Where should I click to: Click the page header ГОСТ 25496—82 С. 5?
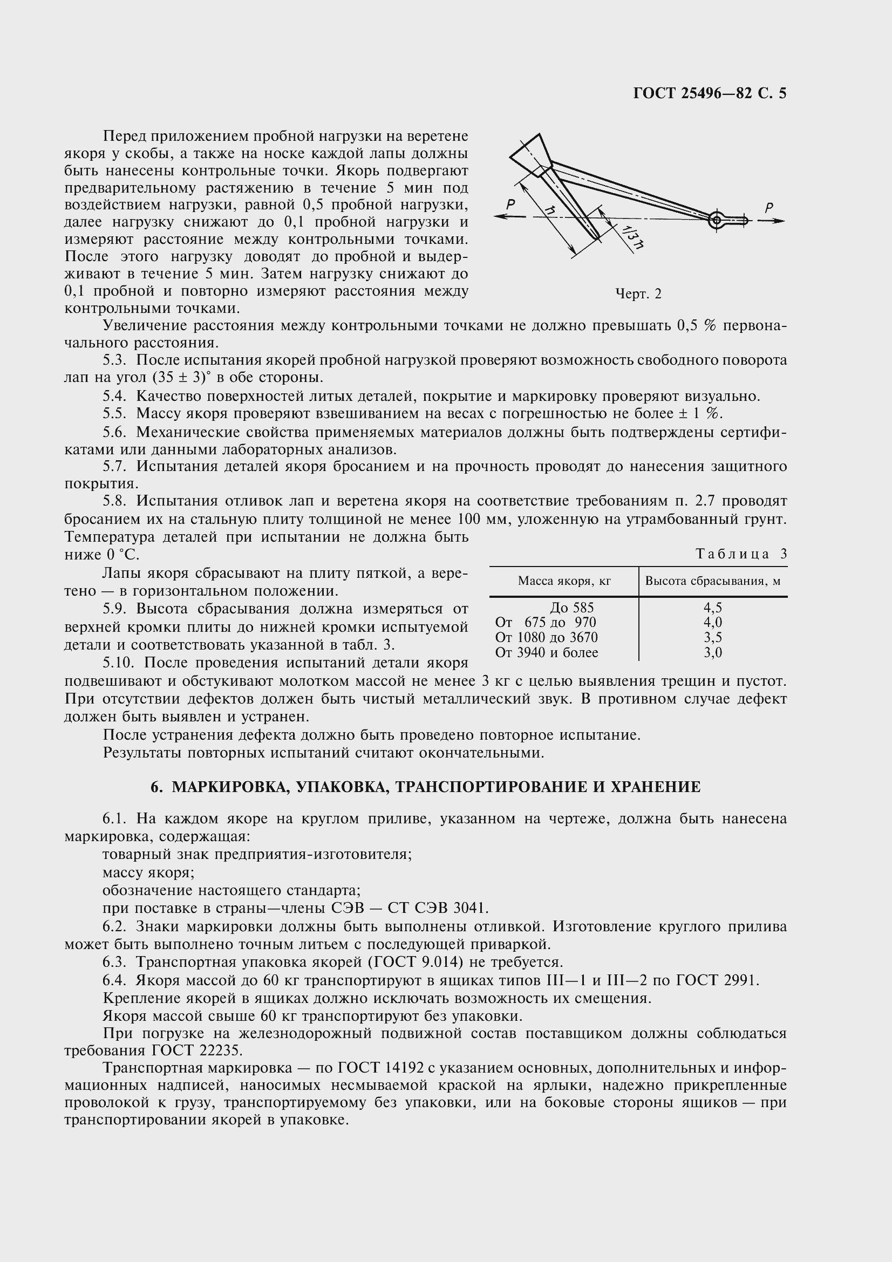(x=710, y=93)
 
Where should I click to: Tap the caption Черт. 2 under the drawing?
(x=638, y=294)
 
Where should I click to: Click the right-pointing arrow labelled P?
(x=772, y=221)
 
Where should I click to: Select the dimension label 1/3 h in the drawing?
(x=629, y=238)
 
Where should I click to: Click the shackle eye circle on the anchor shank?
(x=716, y=221)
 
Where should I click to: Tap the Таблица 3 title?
(x=741, y=554)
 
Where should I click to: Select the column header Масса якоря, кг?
(x=564, y=581)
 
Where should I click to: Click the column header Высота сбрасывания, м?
(x=712, y=581)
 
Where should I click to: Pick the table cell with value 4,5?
(x=712, y=608)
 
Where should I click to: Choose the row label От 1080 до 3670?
(x=546, y=637)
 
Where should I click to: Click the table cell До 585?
(x=571, y=608)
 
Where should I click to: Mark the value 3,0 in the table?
(x=712, y=652)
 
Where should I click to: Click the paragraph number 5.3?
(x=114, y=360)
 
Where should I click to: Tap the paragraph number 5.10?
(x=119, y=663)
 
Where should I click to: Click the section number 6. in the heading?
(x=156, y=787)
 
